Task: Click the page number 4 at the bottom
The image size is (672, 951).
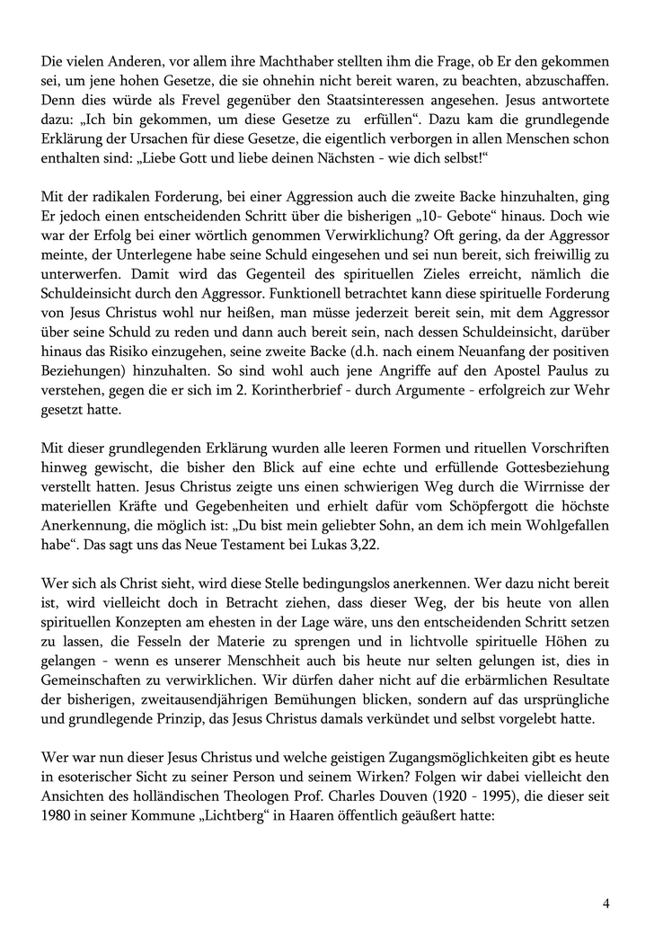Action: (x=606, y=904)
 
